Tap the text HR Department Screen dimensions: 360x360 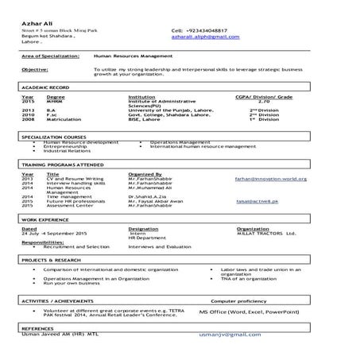[x=148, y=238]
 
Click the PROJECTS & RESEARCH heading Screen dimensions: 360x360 [x=52, y=260]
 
